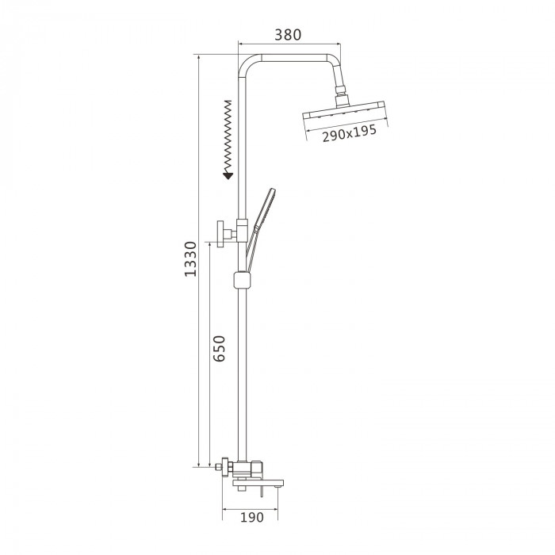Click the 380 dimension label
288,35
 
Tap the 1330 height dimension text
190,258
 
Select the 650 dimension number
219,348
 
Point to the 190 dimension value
252,517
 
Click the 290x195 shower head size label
349,133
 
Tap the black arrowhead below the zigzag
228,175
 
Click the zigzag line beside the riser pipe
228,136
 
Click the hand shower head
266,206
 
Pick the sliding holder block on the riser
242,280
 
